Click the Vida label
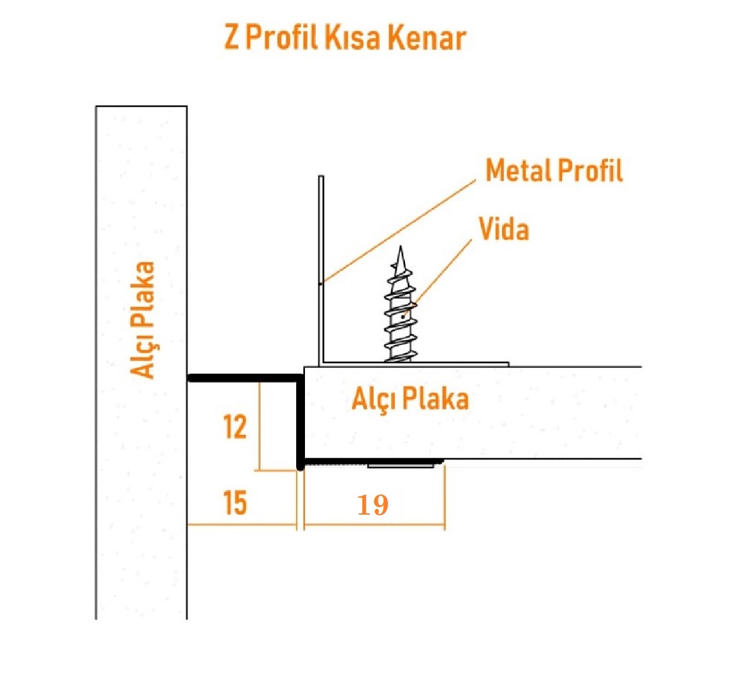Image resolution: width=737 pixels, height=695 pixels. [504, 229]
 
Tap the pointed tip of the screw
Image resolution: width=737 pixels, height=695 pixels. [401, 246]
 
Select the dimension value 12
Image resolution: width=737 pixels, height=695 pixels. [235, 427]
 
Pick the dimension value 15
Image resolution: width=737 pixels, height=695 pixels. [235, 503]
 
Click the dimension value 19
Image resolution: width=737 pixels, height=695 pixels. [373, 505]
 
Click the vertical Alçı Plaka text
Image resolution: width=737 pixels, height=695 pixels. [142, 320]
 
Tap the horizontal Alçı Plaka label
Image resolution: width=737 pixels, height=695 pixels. [411, 399]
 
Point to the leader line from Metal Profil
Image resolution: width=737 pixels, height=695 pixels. [399, 231]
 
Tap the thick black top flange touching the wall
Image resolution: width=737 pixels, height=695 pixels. [245, 378]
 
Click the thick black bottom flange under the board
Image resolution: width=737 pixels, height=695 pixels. [371, 461]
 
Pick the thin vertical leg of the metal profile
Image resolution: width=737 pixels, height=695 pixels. [321, 269]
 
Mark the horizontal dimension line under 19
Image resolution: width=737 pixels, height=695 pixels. [374, 524]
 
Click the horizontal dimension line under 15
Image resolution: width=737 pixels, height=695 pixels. [241, 525]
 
